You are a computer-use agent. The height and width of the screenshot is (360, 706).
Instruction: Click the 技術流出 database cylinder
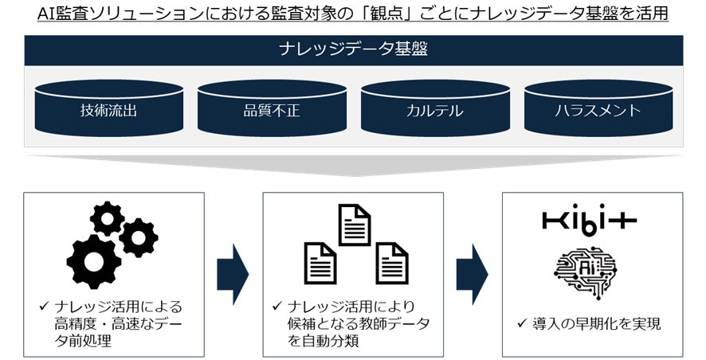108,109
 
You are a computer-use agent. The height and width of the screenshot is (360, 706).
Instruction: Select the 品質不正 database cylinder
272,109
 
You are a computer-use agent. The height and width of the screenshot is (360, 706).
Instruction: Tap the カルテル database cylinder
434,109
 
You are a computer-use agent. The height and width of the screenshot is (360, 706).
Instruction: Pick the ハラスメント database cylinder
598,109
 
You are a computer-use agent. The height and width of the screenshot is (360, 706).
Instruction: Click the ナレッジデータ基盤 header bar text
353,49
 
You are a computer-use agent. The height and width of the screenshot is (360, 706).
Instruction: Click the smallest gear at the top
107,217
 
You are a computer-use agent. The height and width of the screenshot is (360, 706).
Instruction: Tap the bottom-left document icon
320,263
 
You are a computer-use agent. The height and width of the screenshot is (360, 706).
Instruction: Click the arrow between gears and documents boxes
233,274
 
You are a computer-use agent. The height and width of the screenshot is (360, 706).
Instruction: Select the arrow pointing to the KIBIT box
472,274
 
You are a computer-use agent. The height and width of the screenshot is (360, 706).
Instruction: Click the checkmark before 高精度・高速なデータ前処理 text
44,307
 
